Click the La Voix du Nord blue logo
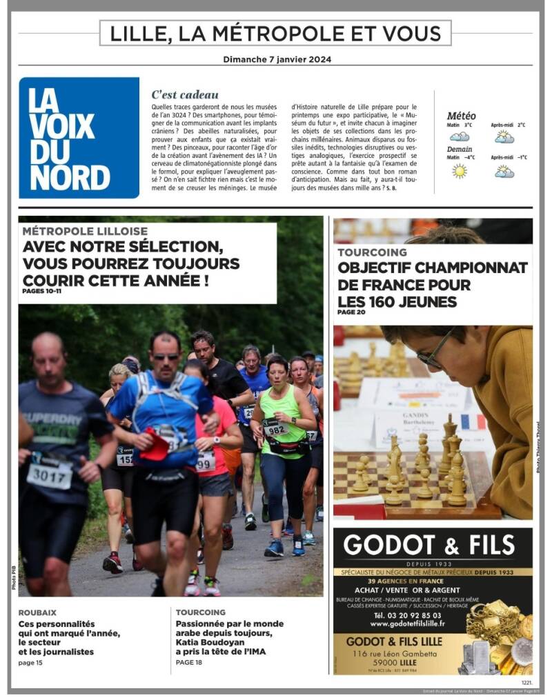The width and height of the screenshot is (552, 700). click(x=79, y=137)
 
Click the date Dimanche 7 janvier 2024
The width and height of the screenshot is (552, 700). click(x=277, y=59)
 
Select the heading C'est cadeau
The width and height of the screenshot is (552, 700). click(x=185, y=94)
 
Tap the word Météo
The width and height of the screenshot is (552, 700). click(x=461, y=116)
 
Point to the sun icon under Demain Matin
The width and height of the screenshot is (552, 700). click(x=459, y=170)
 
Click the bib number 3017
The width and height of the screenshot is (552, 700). click(x=50, y=475)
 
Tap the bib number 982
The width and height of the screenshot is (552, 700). click(x=275, y=430)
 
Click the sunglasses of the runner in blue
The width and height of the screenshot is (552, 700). click(x=166, y=357)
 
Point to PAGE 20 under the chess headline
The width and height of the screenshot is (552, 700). click(x=351, y=312)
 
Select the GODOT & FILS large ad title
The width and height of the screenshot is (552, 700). click(x=429, y=545)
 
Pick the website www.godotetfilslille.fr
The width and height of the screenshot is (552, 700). click(x=407, y=623)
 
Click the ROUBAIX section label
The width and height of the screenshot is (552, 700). click(x=37, y=612)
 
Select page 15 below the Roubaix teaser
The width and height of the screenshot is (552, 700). click(x=30, y=663)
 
